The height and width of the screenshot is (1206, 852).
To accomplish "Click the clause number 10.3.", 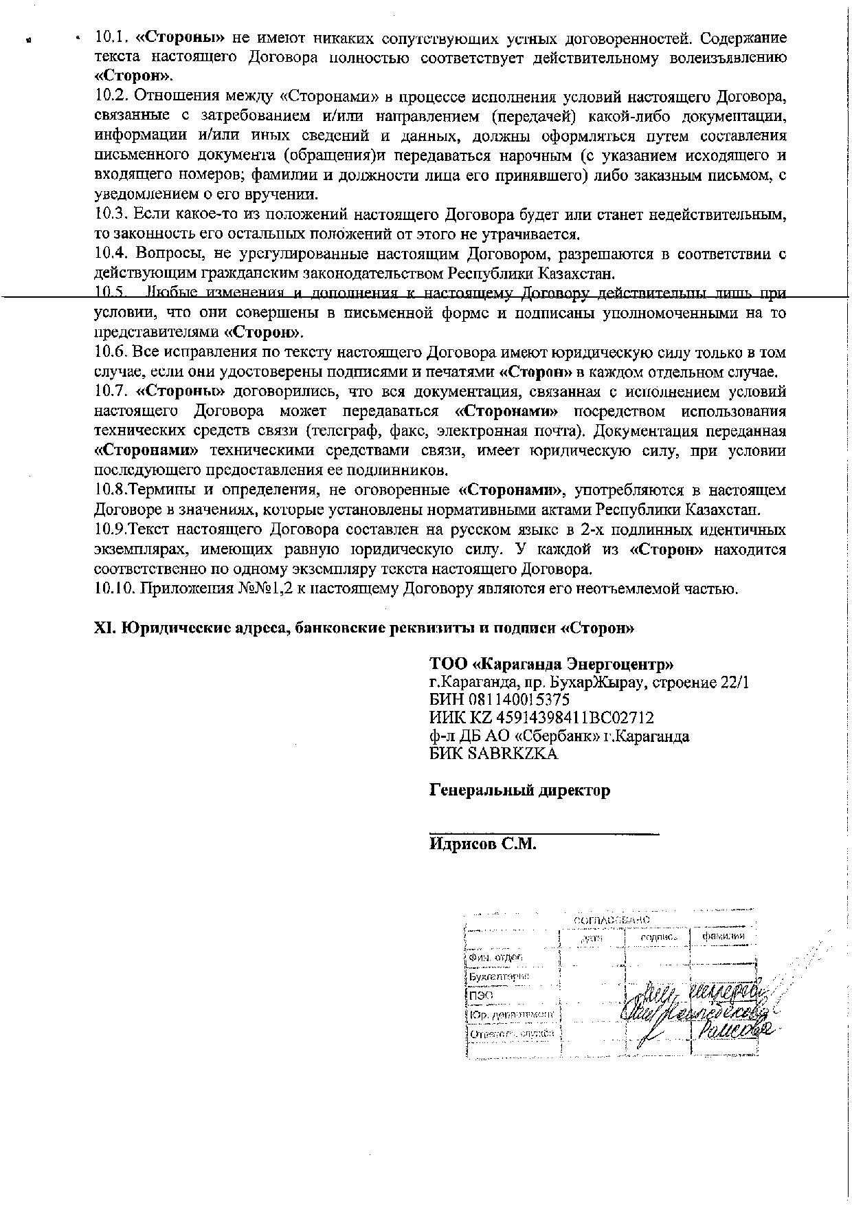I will click(x=111, y=215).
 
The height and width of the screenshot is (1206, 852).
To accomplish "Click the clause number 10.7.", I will click(x=111, y=392).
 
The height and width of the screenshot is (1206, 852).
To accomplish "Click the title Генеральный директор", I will click(x=519, y=790).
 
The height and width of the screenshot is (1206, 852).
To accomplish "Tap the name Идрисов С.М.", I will click(x=482, y=844).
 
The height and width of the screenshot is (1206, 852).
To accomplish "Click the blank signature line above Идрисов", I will click(x=543, y=833).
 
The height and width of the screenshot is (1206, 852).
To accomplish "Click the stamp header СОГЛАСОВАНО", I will click(x=612, y=920).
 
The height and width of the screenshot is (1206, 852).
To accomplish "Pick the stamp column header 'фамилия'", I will click(x=723, y=936).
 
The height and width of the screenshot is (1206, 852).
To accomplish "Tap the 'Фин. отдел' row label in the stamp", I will click(x=495, y=958).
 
